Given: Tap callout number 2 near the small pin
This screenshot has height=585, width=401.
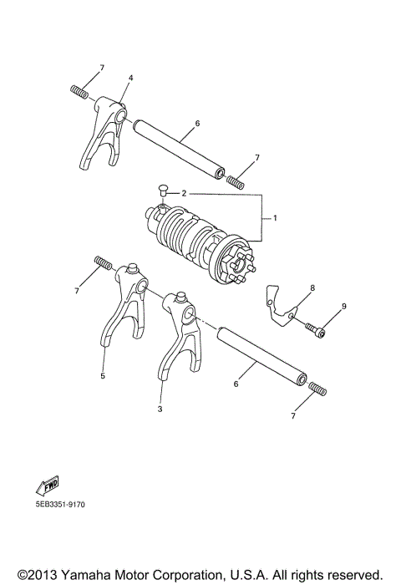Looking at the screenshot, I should tap(184, 193).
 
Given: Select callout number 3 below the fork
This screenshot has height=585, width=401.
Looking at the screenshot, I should tap(160, 409).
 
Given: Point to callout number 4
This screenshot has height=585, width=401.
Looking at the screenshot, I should tap(130, 78).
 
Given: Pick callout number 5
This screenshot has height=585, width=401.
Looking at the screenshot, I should tap(103, 376).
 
